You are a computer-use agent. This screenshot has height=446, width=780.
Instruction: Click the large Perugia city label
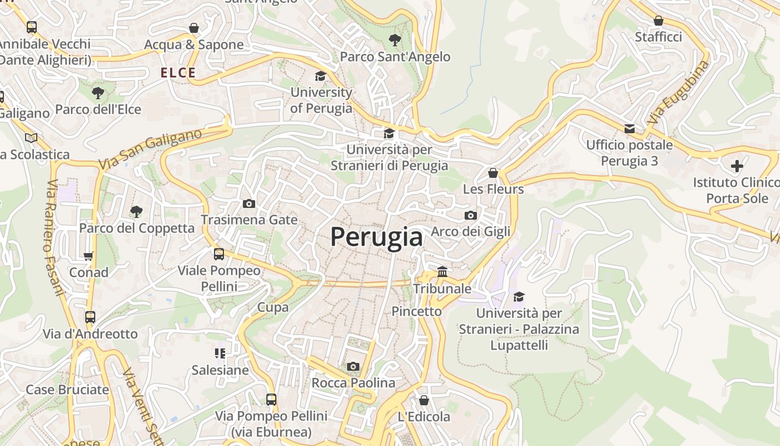(x=377, y=237)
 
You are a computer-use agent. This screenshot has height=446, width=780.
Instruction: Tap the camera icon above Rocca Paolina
(x=353, y=366)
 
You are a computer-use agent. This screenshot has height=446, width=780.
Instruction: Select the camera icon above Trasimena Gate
(x=249, y=203)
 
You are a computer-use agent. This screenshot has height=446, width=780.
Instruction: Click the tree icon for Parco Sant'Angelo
(x=395, y=40)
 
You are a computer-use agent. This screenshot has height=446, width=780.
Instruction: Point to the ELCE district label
(x=178, y=72)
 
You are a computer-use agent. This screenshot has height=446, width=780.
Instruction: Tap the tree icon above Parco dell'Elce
(x=98, y=93)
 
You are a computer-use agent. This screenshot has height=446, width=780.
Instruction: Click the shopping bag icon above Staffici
(x=658, y=21)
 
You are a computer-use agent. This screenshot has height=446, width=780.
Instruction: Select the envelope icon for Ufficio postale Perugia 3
(x=630, y=129)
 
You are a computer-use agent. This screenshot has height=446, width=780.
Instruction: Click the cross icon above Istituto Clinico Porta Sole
(x=737, y=166)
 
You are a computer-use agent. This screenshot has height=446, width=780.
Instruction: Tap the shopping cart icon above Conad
(x=89, y=256)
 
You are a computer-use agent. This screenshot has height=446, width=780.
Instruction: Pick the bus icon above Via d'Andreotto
(x=90, y=317)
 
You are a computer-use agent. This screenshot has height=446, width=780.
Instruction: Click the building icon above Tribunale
(x=442, y=272)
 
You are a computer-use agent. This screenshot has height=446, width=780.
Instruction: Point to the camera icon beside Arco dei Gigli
(x=470, y=215)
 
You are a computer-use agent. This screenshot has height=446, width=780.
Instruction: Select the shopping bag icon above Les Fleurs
(x=493, y=173)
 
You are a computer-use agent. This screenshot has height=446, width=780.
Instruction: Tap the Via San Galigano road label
(x=150, y=149)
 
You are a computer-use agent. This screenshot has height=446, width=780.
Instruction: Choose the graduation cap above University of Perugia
(x=320, y=76)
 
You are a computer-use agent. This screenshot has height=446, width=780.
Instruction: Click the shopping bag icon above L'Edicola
(x=424, y=400)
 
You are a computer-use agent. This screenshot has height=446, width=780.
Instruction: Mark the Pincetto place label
(x=417, y=311)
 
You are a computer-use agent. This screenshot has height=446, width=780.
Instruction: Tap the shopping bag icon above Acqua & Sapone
(x=194, y=28)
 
